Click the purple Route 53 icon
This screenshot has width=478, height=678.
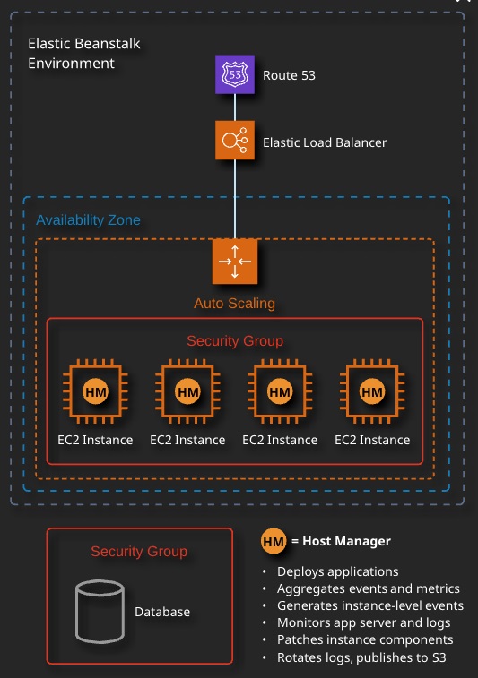click(x=235, y=74)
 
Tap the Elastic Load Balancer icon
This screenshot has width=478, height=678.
click(x=235, y=140)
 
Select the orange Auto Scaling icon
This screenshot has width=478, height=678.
click(x=235, y=262)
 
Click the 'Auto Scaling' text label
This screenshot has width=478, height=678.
click(x=234, y=303)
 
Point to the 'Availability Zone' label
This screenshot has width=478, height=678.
click(x=88, y=220)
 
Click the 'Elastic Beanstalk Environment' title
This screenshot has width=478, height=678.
click(x=84, y=53)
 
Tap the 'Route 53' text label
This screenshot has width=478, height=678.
click(x=290, y=75)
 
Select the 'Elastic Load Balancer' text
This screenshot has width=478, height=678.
click(x=325, y=142)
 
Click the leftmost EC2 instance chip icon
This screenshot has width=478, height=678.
click(x=95, y=391)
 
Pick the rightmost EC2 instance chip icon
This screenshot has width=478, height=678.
click(x=372, y=391)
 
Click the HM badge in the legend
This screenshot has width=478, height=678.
click(x=274, y=541)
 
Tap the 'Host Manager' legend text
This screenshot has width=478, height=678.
click(x=346, y=541)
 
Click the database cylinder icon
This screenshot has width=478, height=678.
click(x=100, y=612)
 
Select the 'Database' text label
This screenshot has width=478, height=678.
click(x=162, y=612)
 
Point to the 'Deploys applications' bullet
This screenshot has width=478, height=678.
click(x=338, y=571)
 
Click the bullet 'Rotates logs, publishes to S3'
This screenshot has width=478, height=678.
click(x=361, y=657)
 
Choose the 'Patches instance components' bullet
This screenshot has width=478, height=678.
click(x=365, y=639)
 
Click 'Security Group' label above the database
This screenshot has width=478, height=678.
click(x=139, y=552)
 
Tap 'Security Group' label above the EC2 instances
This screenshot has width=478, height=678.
click(x=235, y=340)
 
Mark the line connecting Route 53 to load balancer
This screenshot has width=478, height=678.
click(x=235, y=107)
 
